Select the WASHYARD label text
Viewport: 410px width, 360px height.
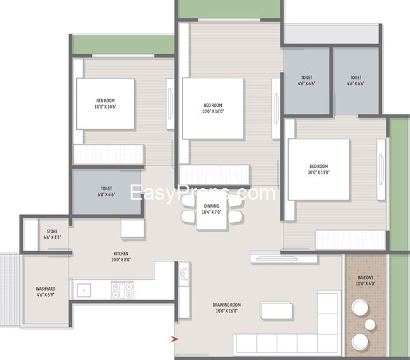click(x=45, y=292)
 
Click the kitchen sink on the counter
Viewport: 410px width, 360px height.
click(x=83, y=290)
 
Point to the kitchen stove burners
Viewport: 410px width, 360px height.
click(x=123, y=291)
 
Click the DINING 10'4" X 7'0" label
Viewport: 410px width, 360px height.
click(x=212, y=209)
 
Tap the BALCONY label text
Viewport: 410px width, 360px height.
click(x=366, y=280)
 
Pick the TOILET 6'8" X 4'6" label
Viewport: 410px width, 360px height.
click(x=106, y=192)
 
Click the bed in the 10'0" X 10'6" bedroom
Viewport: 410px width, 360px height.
click(x=106, y=105)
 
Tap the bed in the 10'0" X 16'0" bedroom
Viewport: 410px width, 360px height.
click(x=213, y=108)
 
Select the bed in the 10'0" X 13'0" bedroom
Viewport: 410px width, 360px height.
click(x=318, y=170)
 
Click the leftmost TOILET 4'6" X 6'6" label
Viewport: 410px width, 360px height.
click(x=306, y=80)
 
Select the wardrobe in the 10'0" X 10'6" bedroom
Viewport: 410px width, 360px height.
click(x=109, y=155)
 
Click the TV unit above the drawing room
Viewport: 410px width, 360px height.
click(x=284, y=258)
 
